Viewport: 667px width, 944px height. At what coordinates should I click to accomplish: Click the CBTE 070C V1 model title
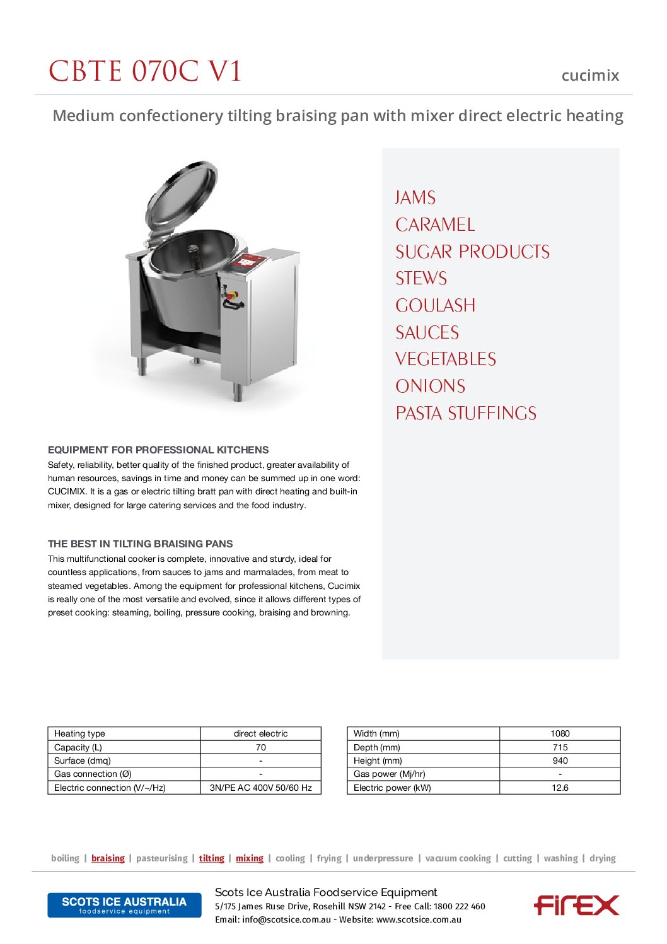point(145,71)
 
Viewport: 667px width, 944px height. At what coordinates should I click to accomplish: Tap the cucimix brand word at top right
point(590,76)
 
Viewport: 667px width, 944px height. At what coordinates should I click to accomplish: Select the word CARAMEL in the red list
point(435,225)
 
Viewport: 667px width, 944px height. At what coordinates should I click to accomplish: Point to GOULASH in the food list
point(436,306)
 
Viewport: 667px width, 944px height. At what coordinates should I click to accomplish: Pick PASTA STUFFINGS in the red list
point(466,414)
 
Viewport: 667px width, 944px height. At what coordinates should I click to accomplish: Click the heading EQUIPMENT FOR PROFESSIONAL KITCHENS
point(158,450)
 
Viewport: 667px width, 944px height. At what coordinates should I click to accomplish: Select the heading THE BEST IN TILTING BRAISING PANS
point(141,544)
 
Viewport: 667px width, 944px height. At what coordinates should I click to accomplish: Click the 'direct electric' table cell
point(260,734)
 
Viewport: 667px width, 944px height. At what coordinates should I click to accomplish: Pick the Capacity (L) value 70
point(260,747)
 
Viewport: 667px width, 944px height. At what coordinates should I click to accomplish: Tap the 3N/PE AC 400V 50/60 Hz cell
point(260,788)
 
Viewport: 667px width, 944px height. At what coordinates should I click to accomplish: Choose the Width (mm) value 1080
point(560,734)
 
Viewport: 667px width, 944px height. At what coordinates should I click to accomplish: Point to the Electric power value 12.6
point(560,788)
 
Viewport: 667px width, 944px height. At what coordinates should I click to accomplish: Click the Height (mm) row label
point(378,760)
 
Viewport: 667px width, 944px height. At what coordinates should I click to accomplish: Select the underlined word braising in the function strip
point(108,858)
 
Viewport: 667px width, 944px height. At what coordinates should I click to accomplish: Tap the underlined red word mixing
point(250,858)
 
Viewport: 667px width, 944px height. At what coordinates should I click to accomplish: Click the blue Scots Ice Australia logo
point(124,905)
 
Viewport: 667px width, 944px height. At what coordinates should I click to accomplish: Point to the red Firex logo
point(576,905)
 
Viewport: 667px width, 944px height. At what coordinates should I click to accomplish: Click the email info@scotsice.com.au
point(286,920)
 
